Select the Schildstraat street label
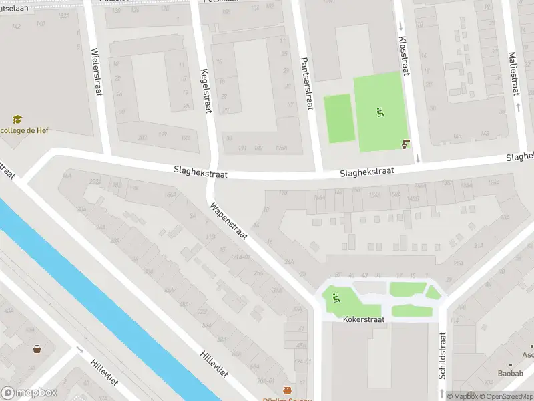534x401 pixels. (442, 356)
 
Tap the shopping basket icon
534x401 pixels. (37, 348)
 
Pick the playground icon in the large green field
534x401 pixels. (380, 112)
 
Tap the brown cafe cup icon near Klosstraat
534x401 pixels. (405, 143)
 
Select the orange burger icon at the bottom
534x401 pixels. (288, 391)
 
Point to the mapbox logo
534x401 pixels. (30, 393)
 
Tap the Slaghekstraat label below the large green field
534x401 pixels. (366, 172)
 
